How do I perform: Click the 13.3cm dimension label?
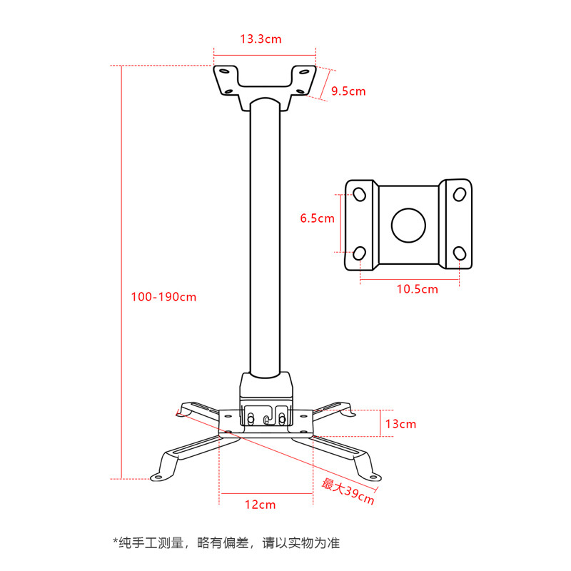tap(261, 39)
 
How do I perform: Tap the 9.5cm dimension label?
tap(348, 91)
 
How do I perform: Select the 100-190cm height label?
tap(163, 297)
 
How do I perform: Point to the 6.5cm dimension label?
tap(317, 218)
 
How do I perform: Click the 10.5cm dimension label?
tap(418, 289)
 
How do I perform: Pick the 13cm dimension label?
tap(400, 424)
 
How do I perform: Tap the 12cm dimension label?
tap(260, 505)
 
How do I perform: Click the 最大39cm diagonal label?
tap(348, 492)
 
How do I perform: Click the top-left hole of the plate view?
tap(360, 194)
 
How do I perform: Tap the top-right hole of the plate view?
tap(459, 194)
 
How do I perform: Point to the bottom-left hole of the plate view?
tap(360, 253)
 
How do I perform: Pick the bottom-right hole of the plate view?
tap(459, 253)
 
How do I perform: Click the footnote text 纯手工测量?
tap(151, 543)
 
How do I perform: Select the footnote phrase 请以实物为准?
tap(301, 543)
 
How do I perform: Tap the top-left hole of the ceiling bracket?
tap(225, 71)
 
